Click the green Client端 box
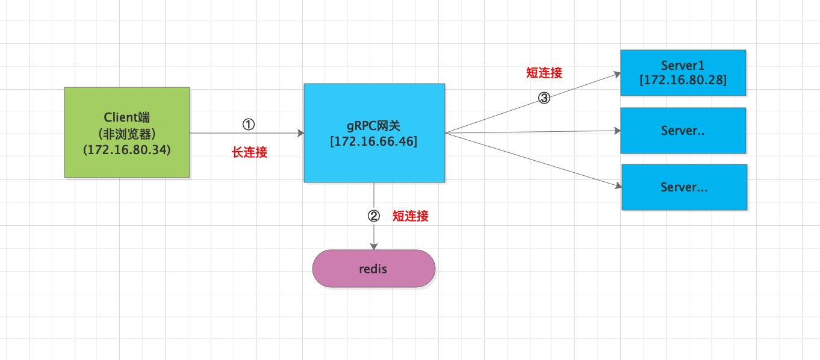click(x=127, y=132)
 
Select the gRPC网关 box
click(x=374, y=133)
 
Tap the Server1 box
click(x=683, y=73)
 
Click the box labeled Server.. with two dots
click(x=683, y=131)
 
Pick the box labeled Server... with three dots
click(x=684, y=187)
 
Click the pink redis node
click(x=374, y=268)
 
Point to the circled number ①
click(x=249, y=125)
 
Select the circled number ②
click(x=374, y=216)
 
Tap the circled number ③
click(x=544, y=98)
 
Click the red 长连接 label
click(x=249, y=152)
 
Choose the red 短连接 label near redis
click(x=411, y=216)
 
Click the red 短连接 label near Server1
click(x=544, y=72)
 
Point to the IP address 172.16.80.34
click(x=127, y=150)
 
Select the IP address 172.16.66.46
click(x=374, y=141)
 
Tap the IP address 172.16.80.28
click(x=683, y=80)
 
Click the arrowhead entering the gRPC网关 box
click(x=300, y=133)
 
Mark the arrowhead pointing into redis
click(x=374, y=246)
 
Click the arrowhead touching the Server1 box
click(x=617, y=75)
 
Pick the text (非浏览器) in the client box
click(x=127, y=134)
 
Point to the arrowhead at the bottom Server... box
click(x=618, y=186)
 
